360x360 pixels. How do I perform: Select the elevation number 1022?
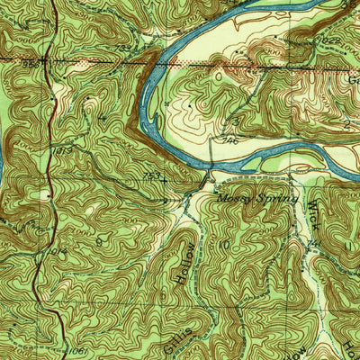click(330, 41)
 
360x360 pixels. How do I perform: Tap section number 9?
click(99, 241)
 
